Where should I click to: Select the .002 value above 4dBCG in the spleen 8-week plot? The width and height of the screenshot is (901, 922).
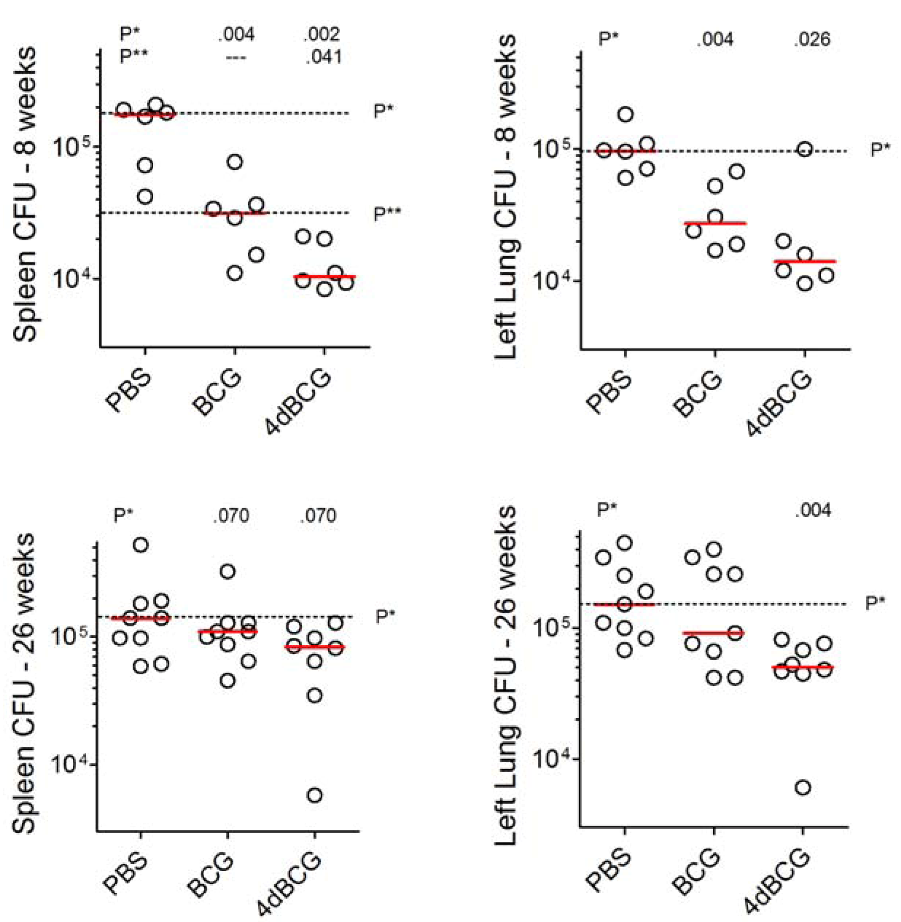(x=322, y=35)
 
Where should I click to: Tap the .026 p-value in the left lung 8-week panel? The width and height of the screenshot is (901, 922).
(x=812, y=39)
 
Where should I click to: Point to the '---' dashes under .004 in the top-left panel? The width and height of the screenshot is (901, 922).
(x=236, y=58)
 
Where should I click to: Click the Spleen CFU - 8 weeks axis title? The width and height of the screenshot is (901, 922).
(x=25, y=194)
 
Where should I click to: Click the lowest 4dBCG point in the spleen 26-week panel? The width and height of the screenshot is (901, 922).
(x=314, y=795)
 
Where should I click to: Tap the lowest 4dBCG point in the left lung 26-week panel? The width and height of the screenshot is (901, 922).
(x=803, y=788)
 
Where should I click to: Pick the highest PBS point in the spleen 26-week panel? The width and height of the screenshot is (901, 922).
(x=140, y=545)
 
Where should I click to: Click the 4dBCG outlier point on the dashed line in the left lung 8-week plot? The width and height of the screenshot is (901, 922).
(x=805, y=149)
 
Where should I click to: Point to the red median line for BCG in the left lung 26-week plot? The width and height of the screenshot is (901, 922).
(x=715, y=632)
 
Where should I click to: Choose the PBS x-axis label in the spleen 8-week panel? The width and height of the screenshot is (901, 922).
(x=128, y=392)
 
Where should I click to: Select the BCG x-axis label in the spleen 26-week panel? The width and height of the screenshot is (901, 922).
(x=210, y=875)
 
